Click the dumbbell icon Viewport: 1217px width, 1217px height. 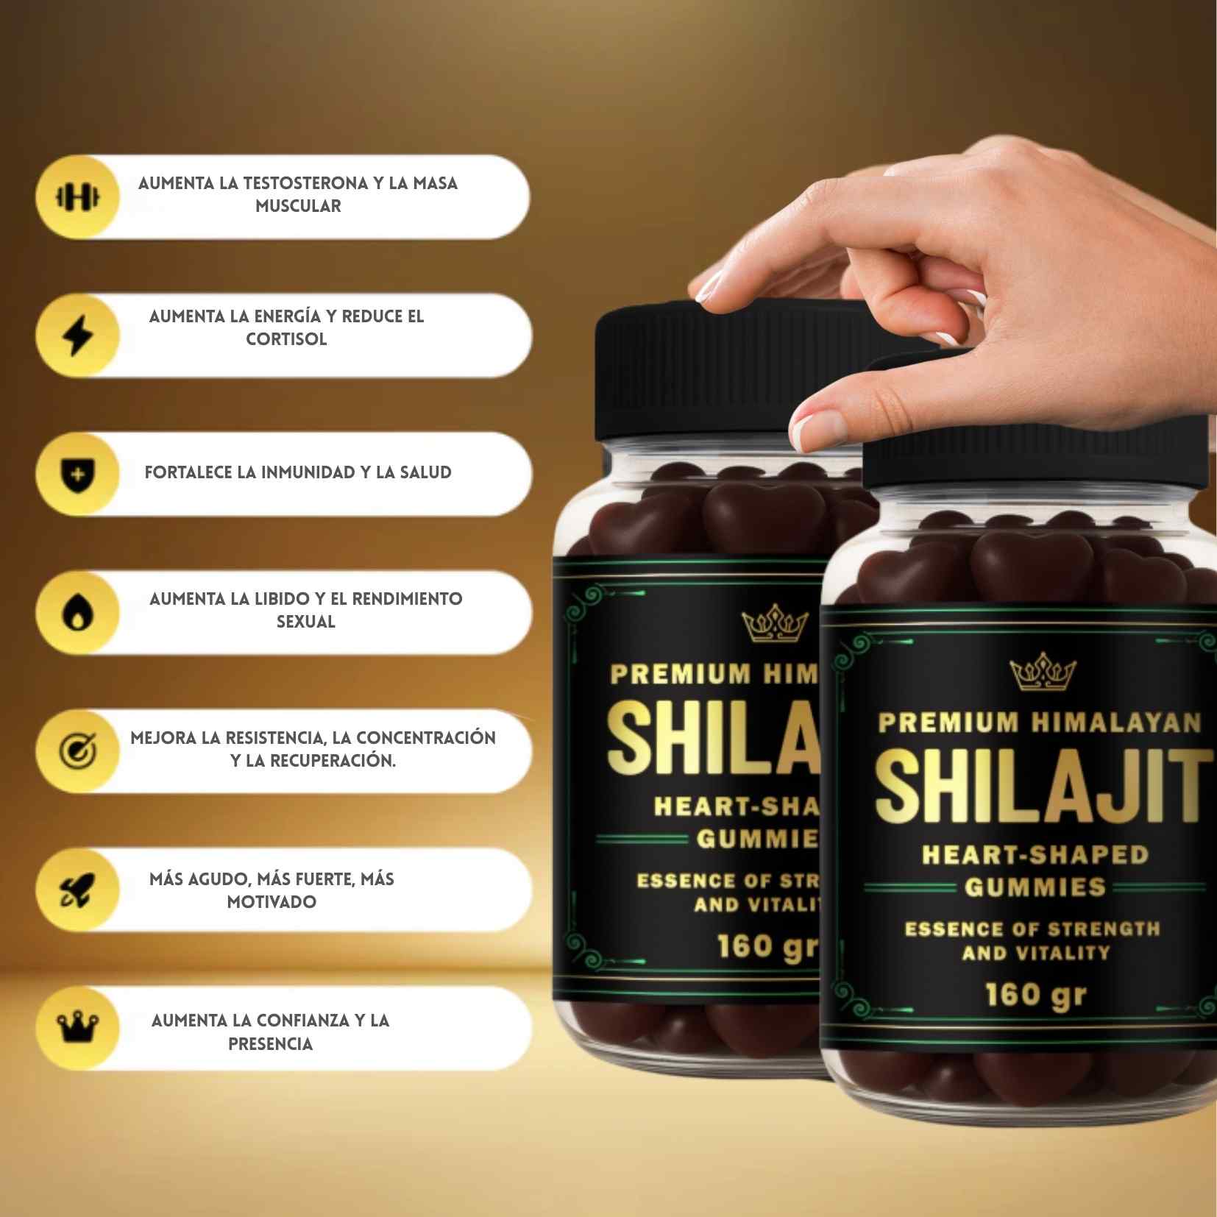click(77, 196)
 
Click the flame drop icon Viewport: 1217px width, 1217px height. click(77, 612)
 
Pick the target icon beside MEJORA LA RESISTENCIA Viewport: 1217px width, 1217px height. click(77, 751)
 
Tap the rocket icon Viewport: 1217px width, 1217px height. click(77, 890)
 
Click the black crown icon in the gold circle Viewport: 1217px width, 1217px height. click(77, 1028)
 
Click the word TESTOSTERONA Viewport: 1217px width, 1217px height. click(305, 183)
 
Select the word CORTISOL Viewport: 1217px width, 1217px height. click(286, 339)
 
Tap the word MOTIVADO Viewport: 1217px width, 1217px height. click(272, 902)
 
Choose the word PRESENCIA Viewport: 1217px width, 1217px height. click(270, 1044)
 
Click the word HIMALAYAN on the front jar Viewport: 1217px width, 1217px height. click(1115, 723)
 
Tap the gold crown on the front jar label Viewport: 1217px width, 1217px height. click(1043, 674)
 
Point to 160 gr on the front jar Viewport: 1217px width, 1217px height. click(1035, 996)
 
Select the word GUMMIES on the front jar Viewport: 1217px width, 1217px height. click(1035, 887)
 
